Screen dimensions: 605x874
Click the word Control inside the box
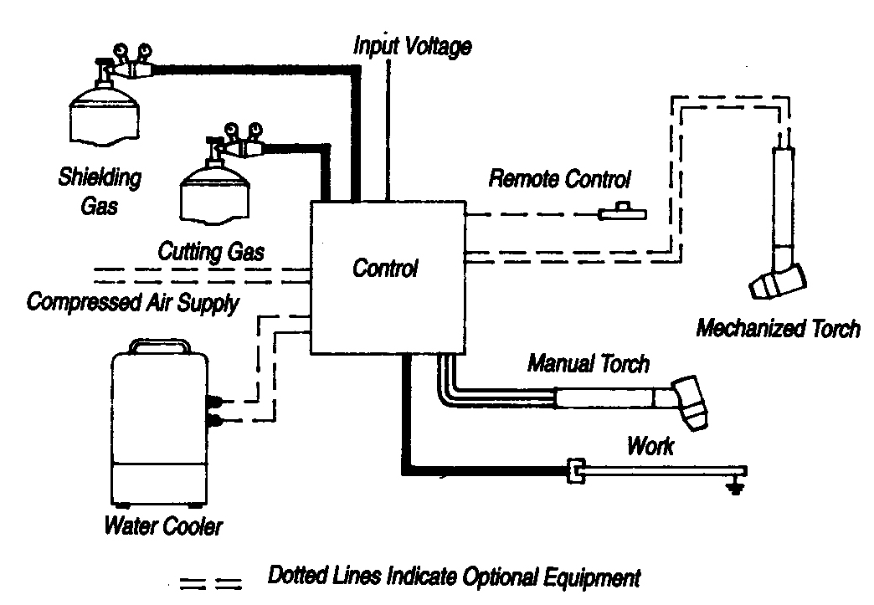385,269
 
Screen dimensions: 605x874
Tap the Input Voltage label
411,45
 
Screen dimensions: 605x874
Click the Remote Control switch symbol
622,213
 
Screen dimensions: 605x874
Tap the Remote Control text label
559,178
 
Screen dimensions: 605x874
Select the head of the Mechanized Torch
776,282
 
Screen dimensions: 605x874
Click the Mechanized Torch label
778,328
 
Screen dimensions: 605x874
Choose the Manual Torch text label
588,364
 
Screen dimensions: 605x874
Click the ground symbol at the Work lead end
736,485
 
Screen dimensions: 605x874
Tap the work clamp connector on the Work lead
574,472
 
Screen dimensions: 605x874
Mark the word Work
650,446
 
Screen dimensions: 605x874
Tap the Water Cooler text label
164,527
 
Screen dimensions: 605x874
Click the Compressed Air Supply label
131,302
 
